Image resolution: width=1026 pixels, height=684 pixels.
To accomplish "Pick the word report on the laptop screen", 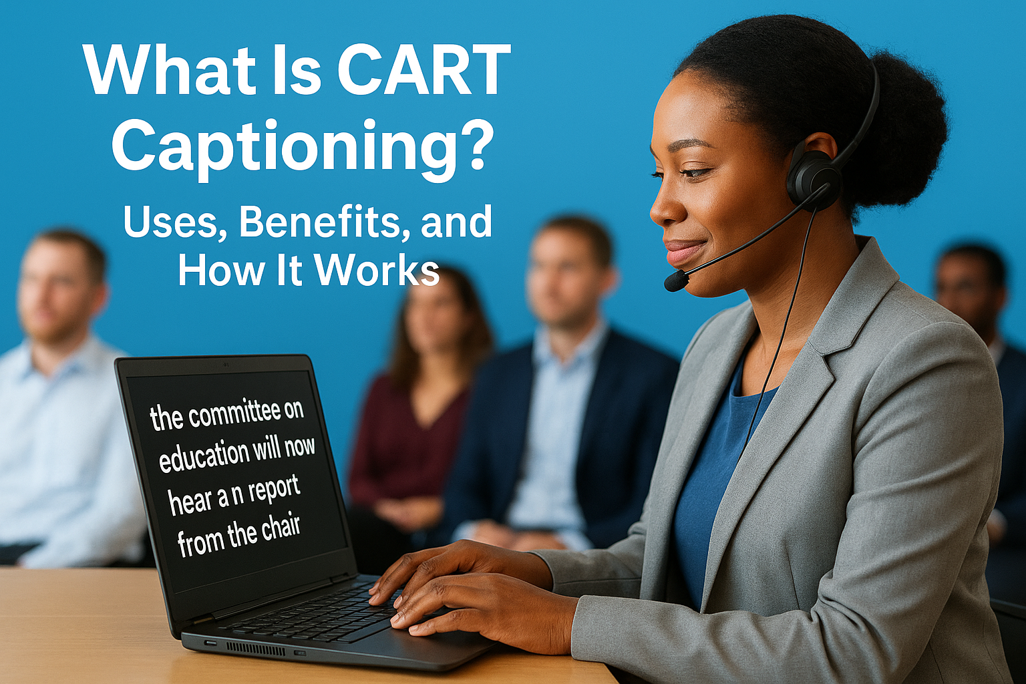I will (274, 492).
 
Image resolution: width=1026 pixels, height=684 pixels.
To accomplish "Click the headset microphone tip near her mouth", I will (675, 281).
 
